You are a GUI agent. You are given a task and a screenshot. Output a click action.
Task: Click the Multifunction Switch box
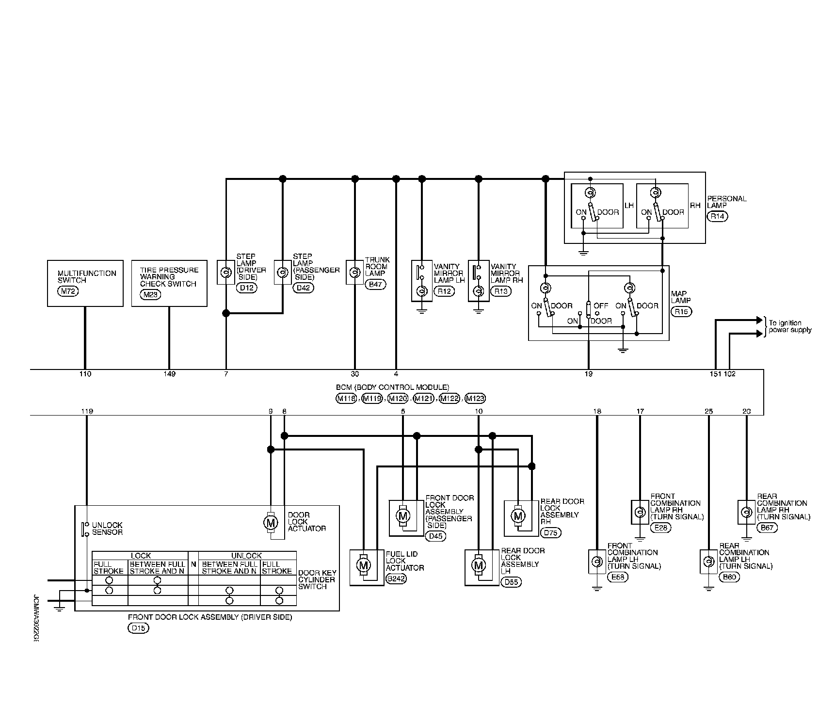[x=85, y=283]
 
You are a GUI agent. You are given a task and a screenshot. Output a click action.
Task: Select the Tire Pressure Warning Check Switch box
[x=169, y=283]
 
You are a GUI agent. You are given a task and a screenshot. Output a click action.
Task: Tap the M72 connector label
[x=67, y=291]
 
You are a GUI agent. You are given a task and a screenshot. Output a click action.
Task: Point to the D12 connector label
[x=247, y=288]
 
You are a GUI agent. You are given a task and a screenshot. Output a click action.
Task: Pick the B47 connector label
[x=375, y=285]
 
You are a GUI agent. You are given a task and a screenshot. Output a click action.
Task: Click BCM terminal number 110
[x=85, y=374]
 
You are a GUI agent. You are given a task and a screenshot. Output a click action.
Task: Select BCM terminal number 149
[x=169, y=374]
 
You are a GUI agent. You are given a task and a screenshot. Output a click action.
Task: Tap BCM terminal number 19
[x=588, y=374]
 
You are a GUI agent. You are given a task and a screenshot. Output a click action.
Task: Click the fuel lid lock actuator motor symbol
[x=363, y=565]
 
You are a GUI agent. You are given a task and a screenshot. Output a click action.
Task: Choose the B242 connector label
[x=396, y=578]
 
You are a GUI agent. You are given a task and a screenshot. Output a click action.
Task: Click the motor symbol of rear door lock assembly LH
[x=479, y=565]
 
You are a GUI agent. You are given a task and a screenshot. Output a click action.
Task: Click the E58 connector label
[x=618, y=578]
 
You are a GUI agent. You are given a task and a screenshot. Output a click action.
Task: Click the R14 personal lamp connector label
[x=717, y=217]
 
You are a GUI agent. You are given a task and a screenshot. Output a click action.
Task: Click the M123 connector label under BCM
[x=475, y=399]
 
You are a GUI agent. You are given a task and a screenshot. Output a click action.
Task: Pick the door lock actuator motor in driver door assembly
[x=271, y=522]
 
